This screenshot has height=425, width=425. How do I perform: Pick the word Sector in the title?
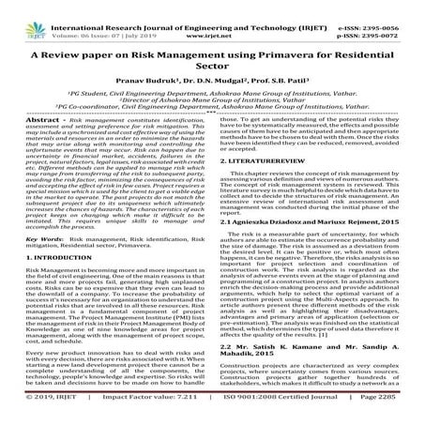tap(213, 68)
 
